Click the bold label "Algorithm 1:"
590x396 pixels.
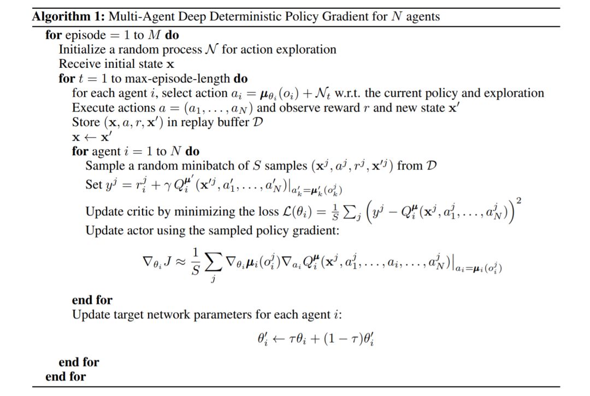click(x=68, y=16)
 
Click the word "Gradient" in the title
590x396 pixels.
click(x=362, y=16)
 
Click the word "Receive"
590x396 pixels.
click(x=80, y=64)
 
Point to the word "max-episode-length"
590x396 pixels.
click(x=184, y=78)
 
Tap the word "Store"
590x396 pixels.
click(x=86, y=121)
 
